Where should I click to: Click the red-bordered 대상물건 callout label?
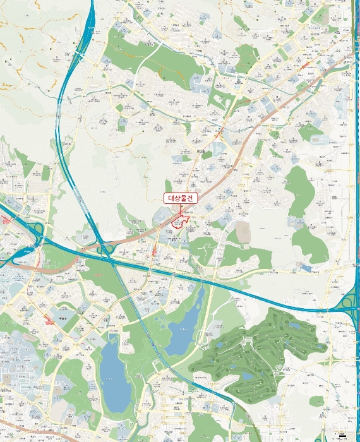181,198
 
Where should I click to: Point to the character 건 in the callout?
192,198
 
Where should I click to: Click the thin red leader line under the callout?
181,208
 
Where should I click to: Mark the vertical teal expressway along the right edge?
351,158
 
